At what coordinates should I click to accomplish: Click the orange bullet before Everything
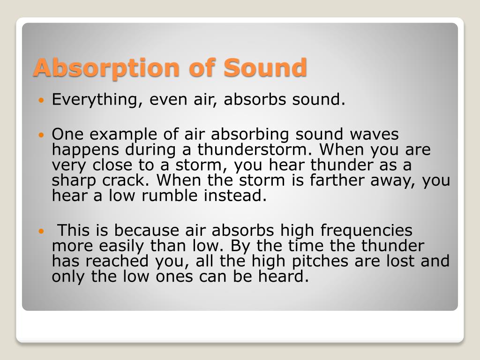pyautogui.click(x=41, y=100)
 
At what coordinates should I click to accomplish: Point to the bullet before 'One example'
pyautogui.click(x=41, y=134)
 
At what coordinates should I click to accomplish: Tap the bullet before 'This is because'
pyautogui.click(x=41, y=231)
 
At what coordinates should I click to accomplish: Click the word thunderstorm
pyautogui.click(x=255, y=150)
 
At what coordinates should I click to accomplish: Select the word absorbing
pyautogui.click(x=250, y=135)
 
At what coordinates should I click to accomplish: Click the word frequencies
pyautogui.click(x=367, y=231)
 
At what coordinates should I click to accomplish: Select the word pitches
pyautogui.click(x=320, y=262)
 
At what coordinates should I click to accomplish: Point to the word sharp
pyautogui.click(x=74, y=181)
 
